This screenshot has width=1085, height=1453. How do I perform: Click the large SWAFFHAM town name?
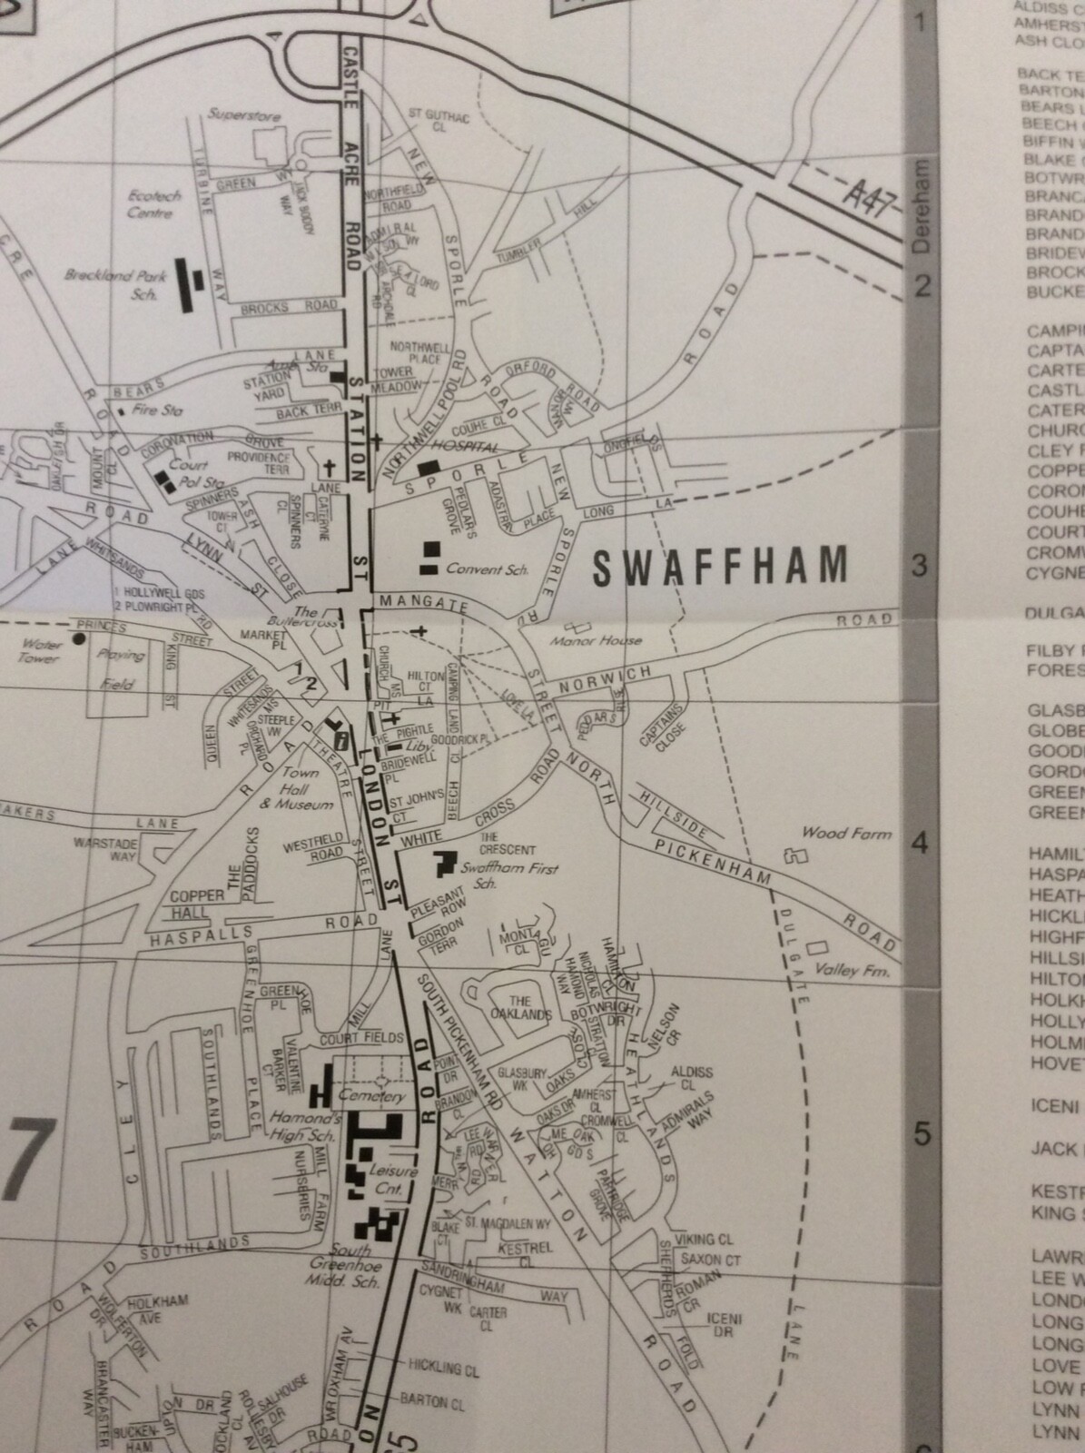click(719, 566)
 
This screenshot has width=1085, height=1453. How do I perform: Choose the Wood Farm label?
click(846, 833)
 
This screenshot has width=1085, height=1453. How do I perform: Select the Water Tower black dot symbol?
click(81, 639)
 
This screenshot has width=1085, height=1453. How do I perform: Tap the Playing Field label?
click(121, 668)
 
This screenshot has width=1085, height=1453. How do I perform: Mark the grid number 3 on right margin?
click(921, 566)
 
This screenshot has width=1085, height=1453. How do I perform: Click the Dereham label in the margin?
click(921, 208)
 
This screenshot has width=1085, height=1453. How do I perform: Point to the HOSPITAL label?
click(466, 448)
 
